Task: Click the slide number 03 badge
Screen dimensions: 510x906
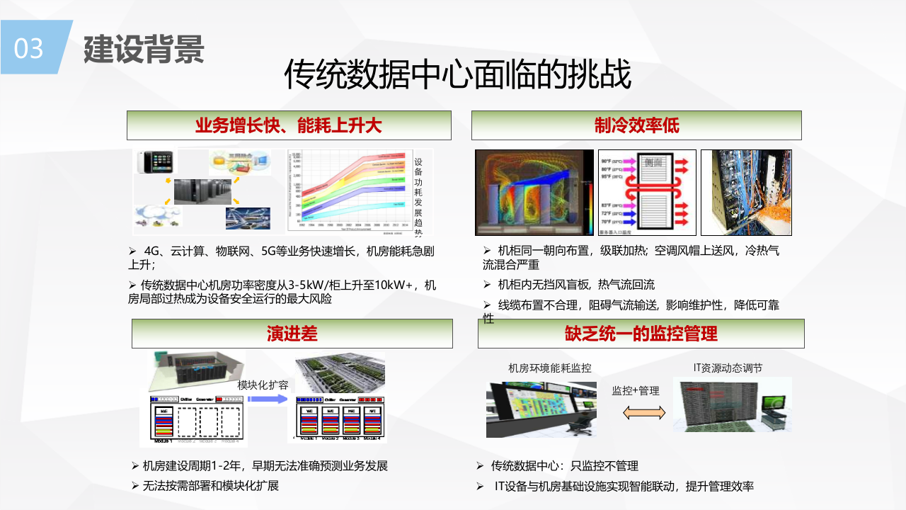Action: [30, 48]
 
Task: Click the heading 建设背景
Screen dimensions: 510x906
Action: [144, 49]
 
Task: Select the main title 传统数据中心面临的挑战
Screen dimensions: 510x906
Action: [457, 75]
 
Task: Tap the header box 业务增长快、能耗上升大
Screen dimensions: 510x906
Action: [289, 125]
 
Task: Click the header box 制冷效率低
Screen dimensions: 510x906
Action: [636, 125]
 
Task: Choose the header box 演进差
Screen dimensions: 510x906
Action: [292, 334]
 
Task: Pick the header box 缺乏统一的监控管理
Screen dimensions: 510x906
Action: [641, 334]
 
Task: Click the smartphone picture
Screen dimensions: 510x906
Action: [156, 162]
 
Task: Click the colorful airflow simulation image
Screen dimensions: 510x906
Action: [534, 192]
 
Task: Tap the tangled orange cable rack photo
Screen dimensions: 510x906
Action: [746, 192]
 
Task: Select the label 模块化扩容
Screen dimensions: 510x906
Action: [263, 385]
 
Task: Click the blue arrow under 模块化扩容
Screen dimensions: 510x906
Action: [267, 399]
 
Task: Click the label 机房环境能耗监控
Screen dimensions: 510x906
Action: [550, 368]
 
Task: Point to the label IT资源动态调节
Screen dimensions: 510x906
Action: [728, 368]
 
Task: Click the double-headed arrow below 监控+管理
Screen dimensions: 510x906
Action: [643, 412]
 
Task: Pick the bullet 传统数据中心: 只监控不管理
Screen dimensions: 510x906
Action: [563, 466]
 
